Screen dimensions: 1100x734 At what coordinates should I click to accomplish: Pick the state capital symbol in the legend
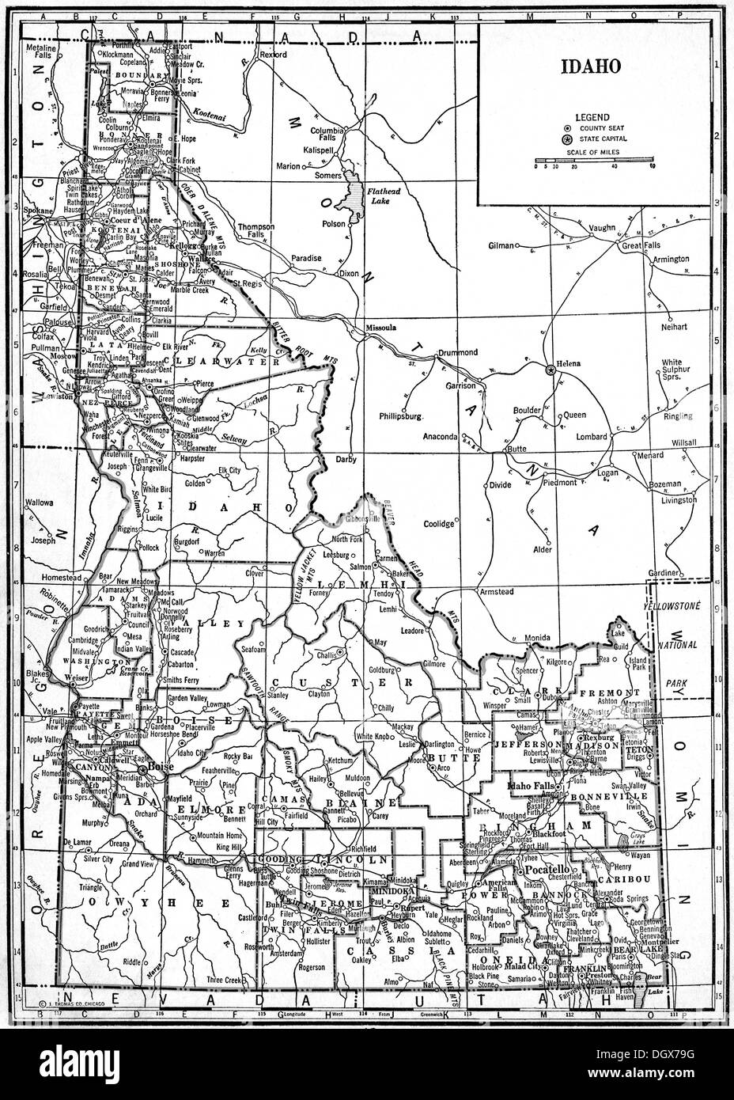[566, 138]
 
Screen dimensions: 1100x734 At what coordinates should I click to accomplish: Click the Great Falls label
[640, 246]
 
